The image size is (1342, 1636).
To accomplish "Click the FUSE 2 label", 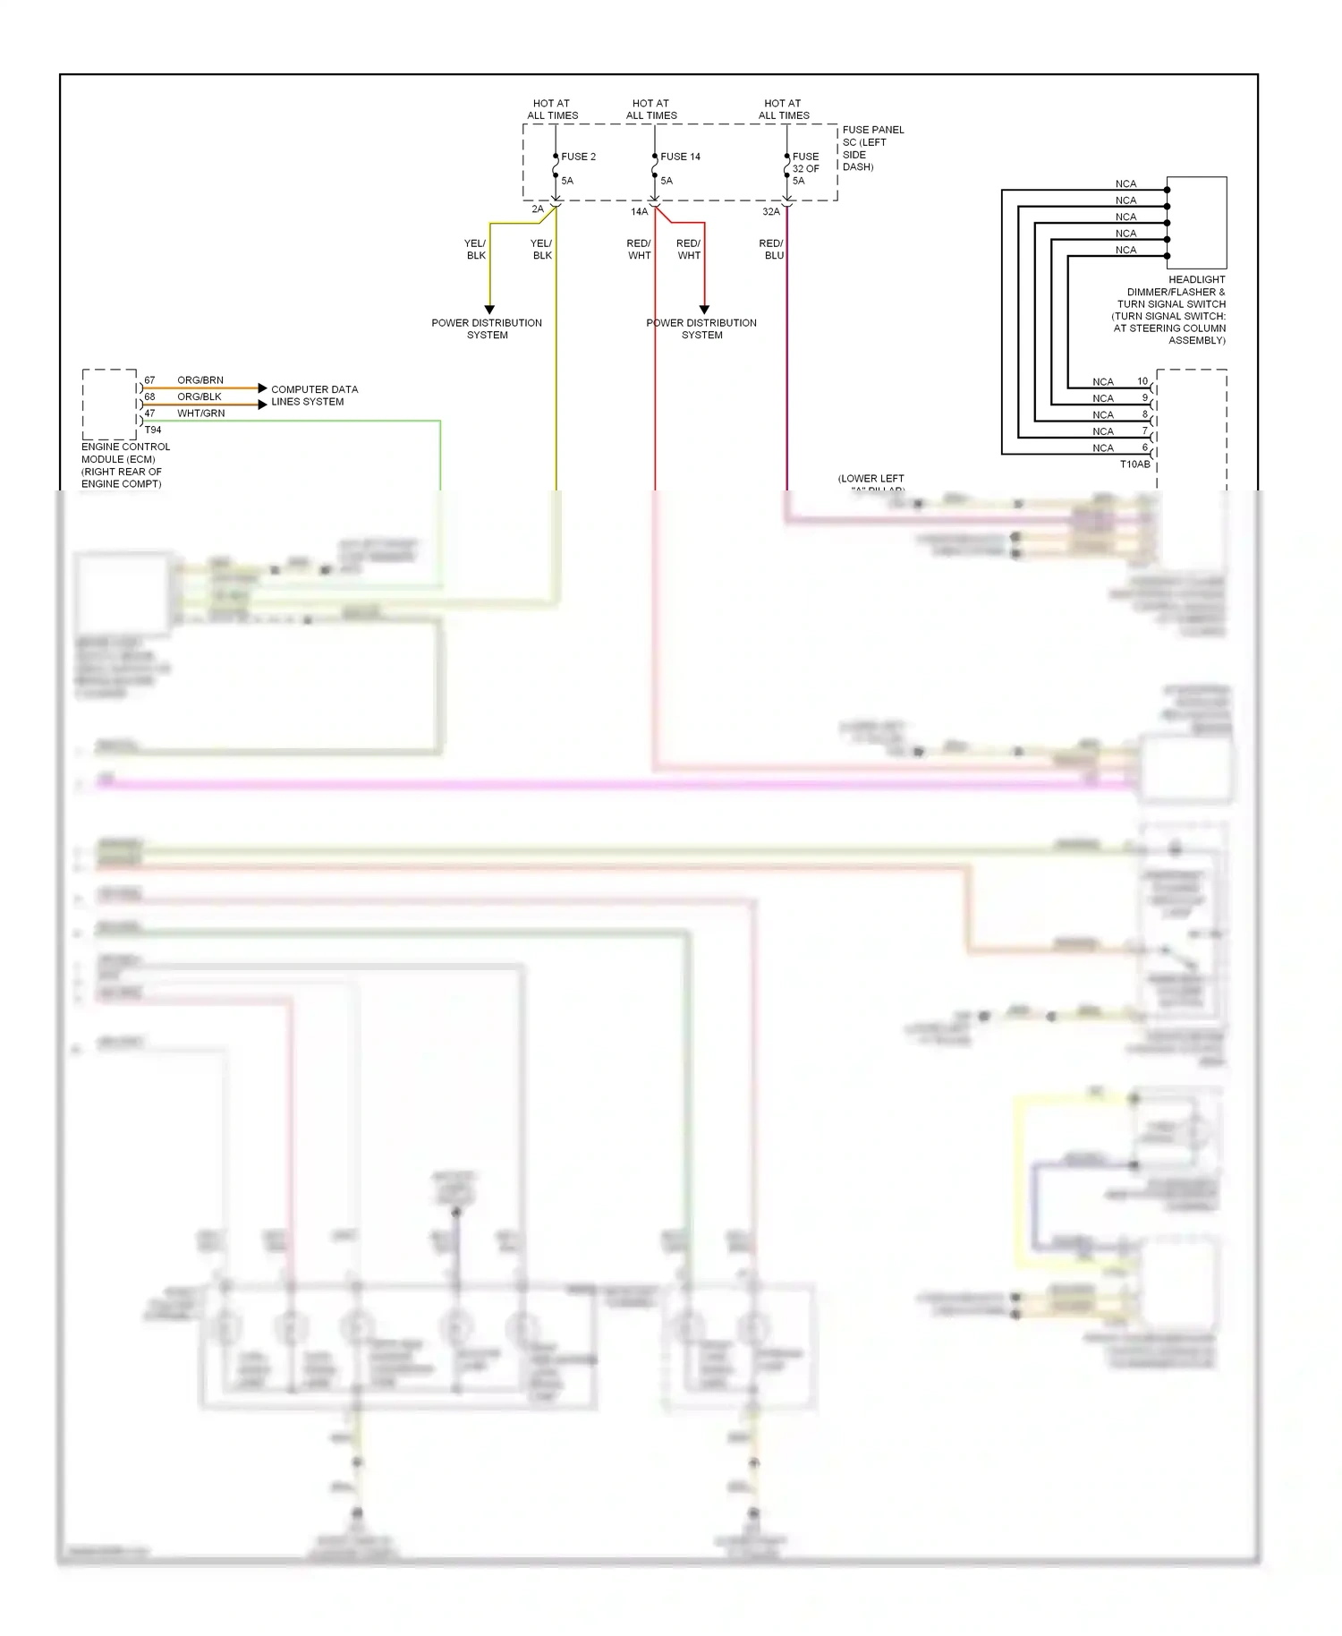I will coord(578,157).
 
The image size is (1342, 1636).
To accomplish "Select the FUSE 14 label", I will coord(680,157).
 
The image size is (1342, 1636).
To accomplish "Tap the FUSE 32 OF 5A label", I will coord(805,168).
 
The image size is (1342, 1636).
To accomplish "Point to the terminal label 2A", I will coord(538,209).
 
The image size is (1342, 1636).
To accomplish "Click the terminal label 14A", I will coord(639,212).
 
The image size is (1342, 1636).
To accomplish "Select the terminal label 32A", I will coord(770,212).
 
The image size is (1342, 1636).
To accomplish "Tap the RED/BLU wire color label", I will coord(771,250).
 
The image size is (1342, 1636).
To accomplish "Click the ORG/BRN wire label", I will coord(200,380).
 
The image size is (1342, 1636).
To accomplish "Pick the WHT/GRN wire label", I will coord(200,413).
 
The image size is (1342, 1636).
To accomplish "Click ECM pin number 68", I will coord(149,396).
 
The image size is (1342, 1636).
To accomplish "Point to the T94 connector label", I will coord(153,430).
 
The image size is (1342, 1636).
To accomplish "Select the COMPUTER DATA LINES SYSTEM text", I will coord(314,396).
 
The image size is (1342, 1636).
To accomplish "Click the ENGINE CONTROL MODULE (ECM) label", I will coord(124,465).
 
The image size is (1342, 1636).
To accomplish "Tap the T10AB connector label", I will coord(1134,464).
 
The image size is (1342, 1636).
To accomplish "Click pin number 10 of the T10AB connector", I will coord(1142,381).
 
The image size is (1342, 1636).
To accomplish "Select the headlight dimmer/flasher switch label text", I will coord(1168,310).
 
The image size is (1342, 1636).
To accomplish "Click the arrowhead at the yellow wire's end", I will coord(489,310).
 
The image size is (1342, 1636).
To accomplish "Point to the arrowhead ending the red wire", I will coord(704,310).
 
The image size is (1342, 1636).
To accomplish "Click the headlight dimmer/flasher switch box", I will coord(1197,222).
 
